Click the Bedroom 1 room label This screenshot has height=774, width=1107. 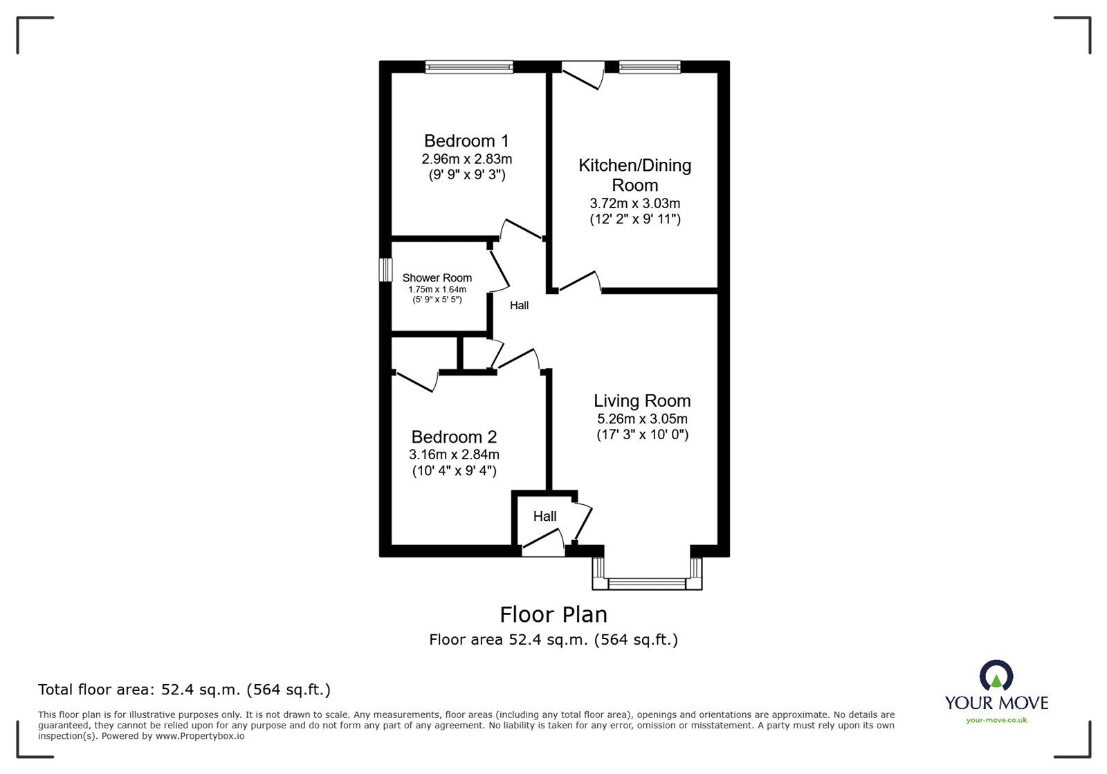[466, 141]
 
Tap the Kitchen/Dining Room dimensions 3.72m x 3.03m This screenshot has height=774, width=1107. [634, 203]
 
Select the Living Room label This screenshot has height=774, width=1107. [642, 400]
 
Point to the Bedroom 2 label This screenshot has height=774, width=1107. [454, 437]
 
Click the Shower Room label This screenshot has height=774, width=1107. [437, 278]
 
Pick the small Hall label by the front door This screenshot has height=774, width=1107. [545, 516]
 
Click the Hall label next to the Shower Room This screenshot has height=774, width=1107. [519, 305]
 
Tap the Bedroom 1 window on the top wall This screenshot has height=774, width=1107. [469, 67]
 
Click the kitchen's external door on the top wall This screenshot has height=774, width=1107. [583, 73]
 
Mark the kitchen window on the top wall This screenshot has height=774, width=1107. [650, 67]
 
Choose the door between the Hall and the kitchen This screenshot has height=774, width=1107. [580, 282]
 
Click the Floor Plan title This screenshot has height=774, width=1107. [553, 614]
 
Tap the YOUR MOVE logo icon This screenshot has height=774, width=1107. [996, 676]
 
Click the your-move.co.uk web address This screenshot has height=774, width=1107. [996, 720]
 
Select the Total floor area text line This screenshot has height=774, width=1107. [184, 690]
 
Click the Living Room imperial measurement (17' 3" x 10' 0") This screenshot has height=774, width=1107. [642, 435]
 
